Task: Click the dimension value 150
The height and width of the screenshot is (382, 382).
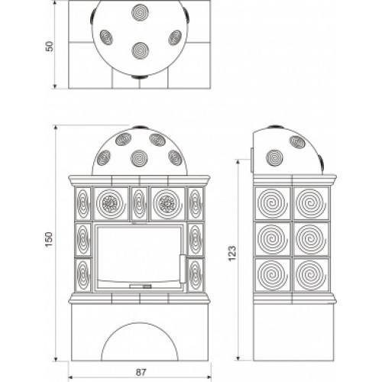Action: click(49, 239)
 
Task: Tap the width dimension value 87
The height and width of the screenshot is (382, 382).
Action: click(141, 372)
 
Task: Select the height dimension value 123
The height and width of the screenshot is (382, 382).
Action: click(232, 253)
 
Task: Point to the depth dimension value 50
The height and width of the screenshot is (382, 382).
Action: click(50, 46)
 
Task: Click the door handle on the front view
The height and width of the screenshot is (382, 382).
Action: click(183, 268)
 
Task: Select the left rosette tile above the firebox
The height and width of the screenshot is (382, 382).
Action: click(111, 204)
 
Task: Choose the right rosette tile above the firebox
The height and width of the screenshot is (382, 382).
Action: click(168, 204)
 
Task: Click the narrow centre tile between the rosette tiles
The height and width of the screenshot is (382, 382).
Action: click(139, 204)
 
